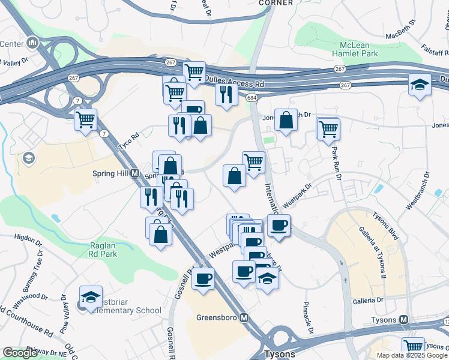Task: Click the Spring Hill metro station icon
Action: (x=135, y=173)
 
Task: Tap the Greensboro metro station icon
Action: (x=244, y=317)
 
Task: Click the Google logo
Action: (x=20, y=353)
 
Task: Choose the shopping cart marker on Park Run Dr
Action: (x=328, y=128)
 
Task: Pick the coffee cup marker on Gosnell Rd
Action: (x=203, y=278)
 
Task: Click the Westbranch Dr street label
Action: (x=418, y=191)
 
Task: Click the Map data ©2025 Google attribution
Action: (x=411, y=355)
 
